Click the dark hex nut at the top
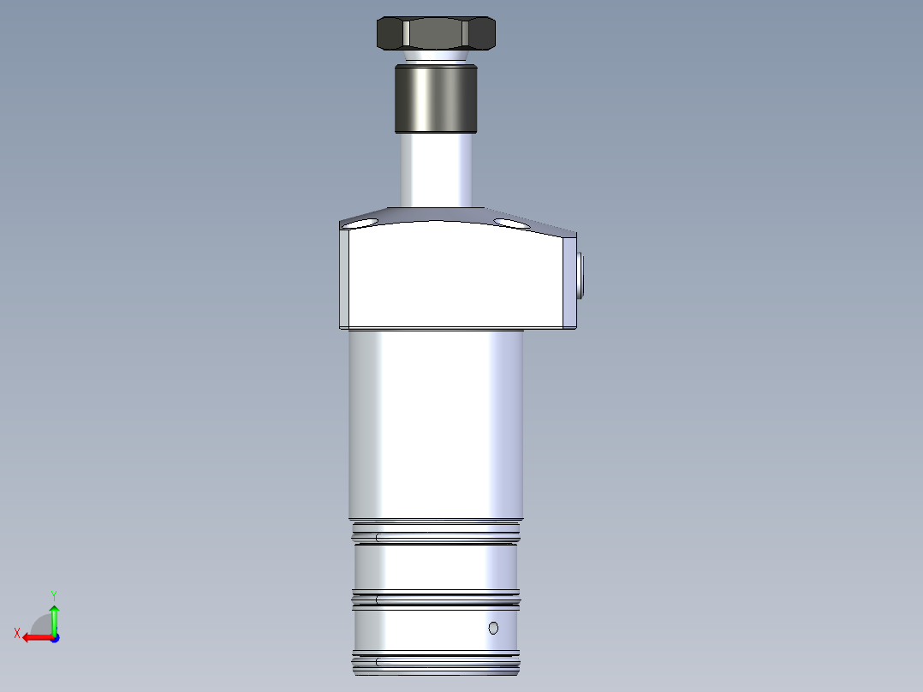(437, 33)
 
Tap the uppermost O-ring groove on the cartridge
(435, 538)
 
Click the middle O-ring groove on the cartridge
(435, 600)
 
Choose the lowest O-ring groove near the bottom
(435, 661)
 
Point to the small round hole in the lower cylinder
(493, 629)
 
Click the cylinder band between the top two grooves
(435, 568)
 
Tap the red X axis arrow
(36, 637)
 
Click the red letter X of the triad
(16, 634)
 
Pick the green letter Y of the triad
(54, 594)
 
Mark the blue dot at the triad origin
(54, 638)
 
